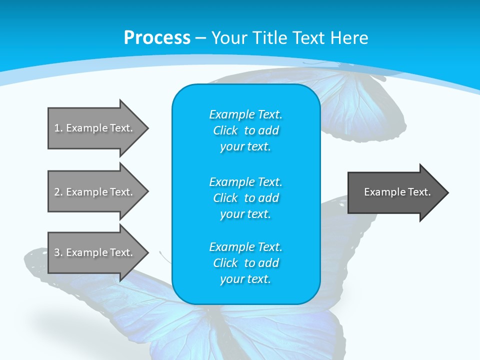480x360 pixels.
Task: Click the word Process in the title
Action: coord(157,38)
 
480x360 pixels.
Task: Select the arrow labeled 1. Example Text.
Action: coord(95,128)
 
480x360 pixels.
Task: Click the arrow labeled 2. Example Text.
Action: coord(95,192)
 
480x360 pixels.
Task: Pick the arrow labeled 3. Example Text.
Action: coord(95,252)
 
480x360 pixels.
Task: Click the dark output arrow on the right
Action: coord(395,192)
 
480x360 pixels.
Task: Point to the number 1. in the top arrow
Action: coord(58,128)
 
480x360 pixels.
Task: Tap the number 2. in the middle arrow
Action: coord(58,192)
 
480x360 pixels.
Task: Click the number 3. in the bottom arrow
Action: coord(58,252)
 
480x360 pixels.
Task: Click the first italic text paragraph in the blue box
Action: coord(245,130)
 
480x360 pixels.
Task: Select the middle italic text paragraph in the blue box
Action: coord(245,197)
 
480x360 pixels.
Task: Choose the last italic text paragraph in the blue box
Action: coord(245,263)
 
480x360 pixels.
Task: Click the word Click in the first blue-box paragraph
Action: coord(225,131)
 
